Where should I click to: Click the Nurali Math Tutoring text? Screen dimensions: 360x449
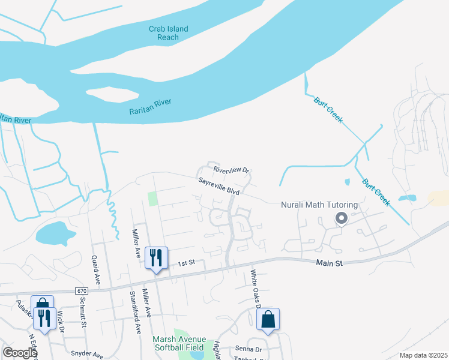(x=319, y=205)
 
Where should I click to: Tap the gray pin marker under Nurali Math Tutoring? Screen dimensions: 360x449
(x=341, y=218)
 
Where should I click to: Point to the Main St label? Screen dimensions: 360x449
(x=329, y=263)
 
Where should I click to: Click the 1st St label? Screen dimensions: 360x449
(x=187, y=263)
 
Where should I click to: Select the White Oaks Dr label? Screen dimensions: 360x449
(x=255, y=289)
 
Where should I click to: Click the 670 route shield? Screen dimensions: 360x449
(x=82, y=291)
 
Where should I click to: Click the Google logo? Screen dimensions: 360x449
(x=20, y=352)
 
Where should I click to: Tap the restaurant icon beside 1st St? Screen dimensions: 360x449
(x=156, y=259)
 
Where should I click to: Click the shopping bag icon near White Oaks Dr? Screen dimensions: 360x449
(x=268, y=320)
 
